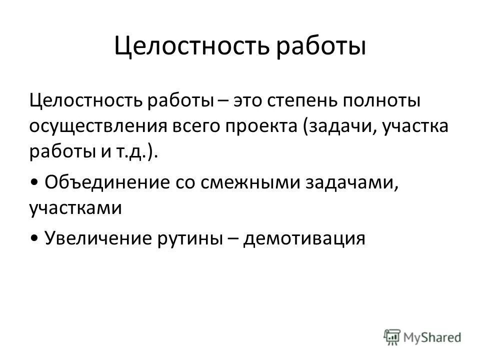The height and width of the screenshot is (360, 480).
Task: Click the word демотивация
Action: click(x=305, y=237)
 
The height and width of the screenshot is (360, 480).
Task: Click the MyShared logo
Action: click(x=422, y=336)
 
